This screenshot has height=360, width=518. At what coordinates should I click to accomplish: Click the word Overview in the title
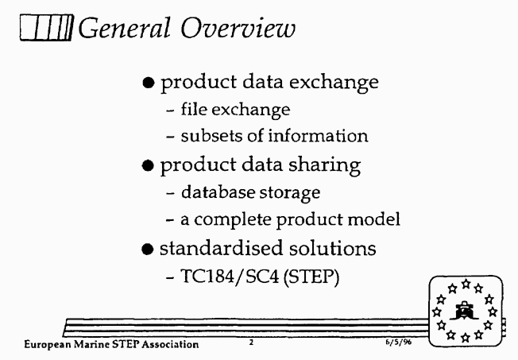click(x=238, y=28)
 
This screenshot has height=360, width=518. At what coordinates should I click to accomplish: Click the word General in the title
click(x=124, y=28)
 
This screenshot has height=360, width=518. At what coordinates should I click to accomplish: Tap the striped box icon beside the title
click(x=46, y=28)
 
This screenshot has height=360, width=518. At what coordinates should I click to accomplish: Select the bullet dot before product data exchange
click(x=149, y=83)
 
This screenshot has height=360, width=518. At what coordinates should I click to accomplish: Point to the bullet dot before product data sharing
click(x=148, y=165)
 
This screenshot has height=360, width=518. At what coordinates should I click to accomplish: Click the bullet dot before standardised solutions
click(x=147, y=249)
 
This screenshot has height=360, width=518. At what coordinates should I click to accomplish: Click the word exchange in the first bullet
click(x=334, y=83)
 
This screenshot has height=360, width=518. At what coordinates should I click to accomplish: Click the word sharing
click(x=324, y=165)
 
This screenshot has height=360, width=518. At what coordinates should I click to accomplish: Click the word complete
click(x=232, y=220)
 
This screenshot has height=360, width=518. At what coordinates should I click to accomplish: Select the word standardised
click(x=222, y=249)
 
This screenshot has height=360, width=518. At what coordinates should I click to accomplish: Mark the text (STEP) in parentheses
click(x=311, y=277)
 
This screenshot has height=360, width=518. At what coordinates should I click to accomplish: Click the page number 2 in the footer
click(x=251, y=343)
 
